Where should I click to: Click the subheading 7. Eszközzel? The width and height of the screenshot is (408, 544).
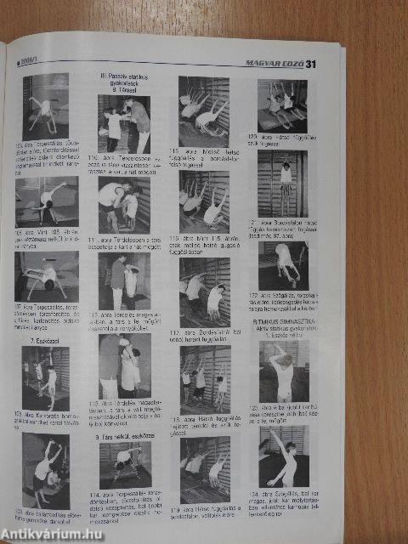[x=43, y=338]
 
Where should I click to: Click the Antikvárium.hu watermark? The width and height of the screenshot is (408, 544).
[x=52, y=532]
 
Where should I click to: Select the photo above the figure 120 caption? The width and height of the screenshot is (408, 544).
[x=282, y=105]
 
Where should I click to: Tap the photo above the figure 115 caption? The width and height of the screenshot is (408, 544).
[x=203, y=102]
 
